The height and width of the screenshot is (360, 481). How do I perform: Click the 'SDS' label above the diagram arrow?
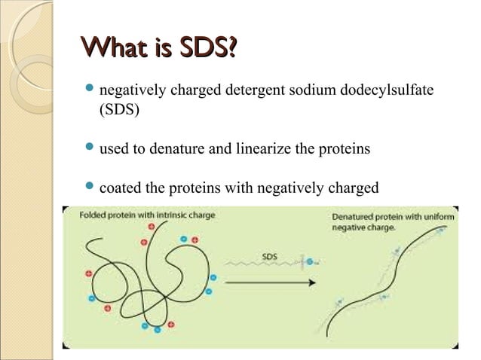coord(269,257)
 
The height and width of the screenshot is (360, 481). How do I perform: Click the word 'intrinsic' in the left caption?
coord(159,215)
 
